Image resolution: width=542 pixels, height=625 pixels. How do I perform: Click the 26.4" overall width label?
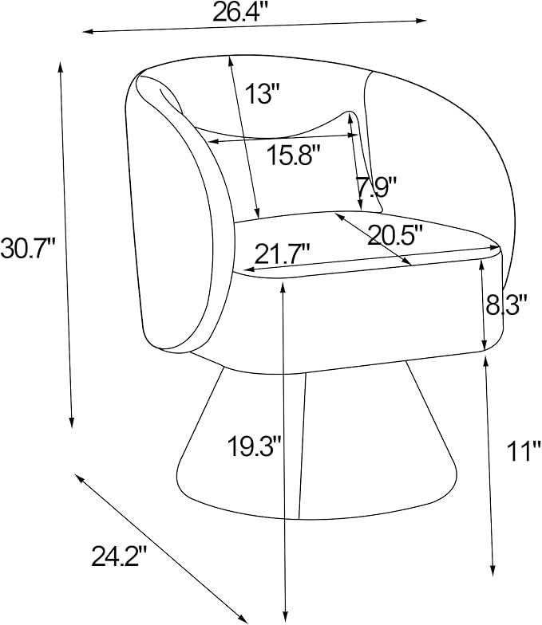click(x=241, y=12)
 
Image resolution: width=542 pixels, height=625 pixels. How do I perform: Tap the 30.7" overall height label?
click(x=27, y=248)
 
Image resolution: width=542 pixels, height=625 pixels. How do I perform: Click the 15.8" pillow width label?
click(x=294, y=155)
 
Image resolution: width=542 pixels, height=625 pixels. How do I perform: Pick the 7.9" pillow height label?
click(x=377, y=187)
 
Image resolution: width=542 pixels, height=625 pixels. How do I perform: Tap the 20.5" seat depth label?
click(x=395, y=236)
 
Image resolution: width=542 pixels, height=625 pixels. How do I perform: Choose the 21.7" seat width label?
click(x=283, y=254)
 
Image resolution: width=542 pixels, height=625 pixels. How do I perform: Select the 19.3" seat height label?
click(x=255, y=446)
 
